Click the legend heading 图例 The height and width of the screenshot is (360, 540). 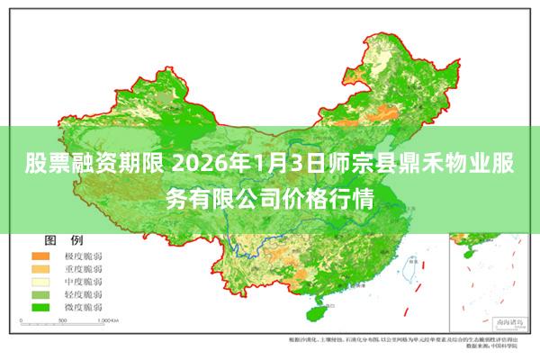64,241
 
